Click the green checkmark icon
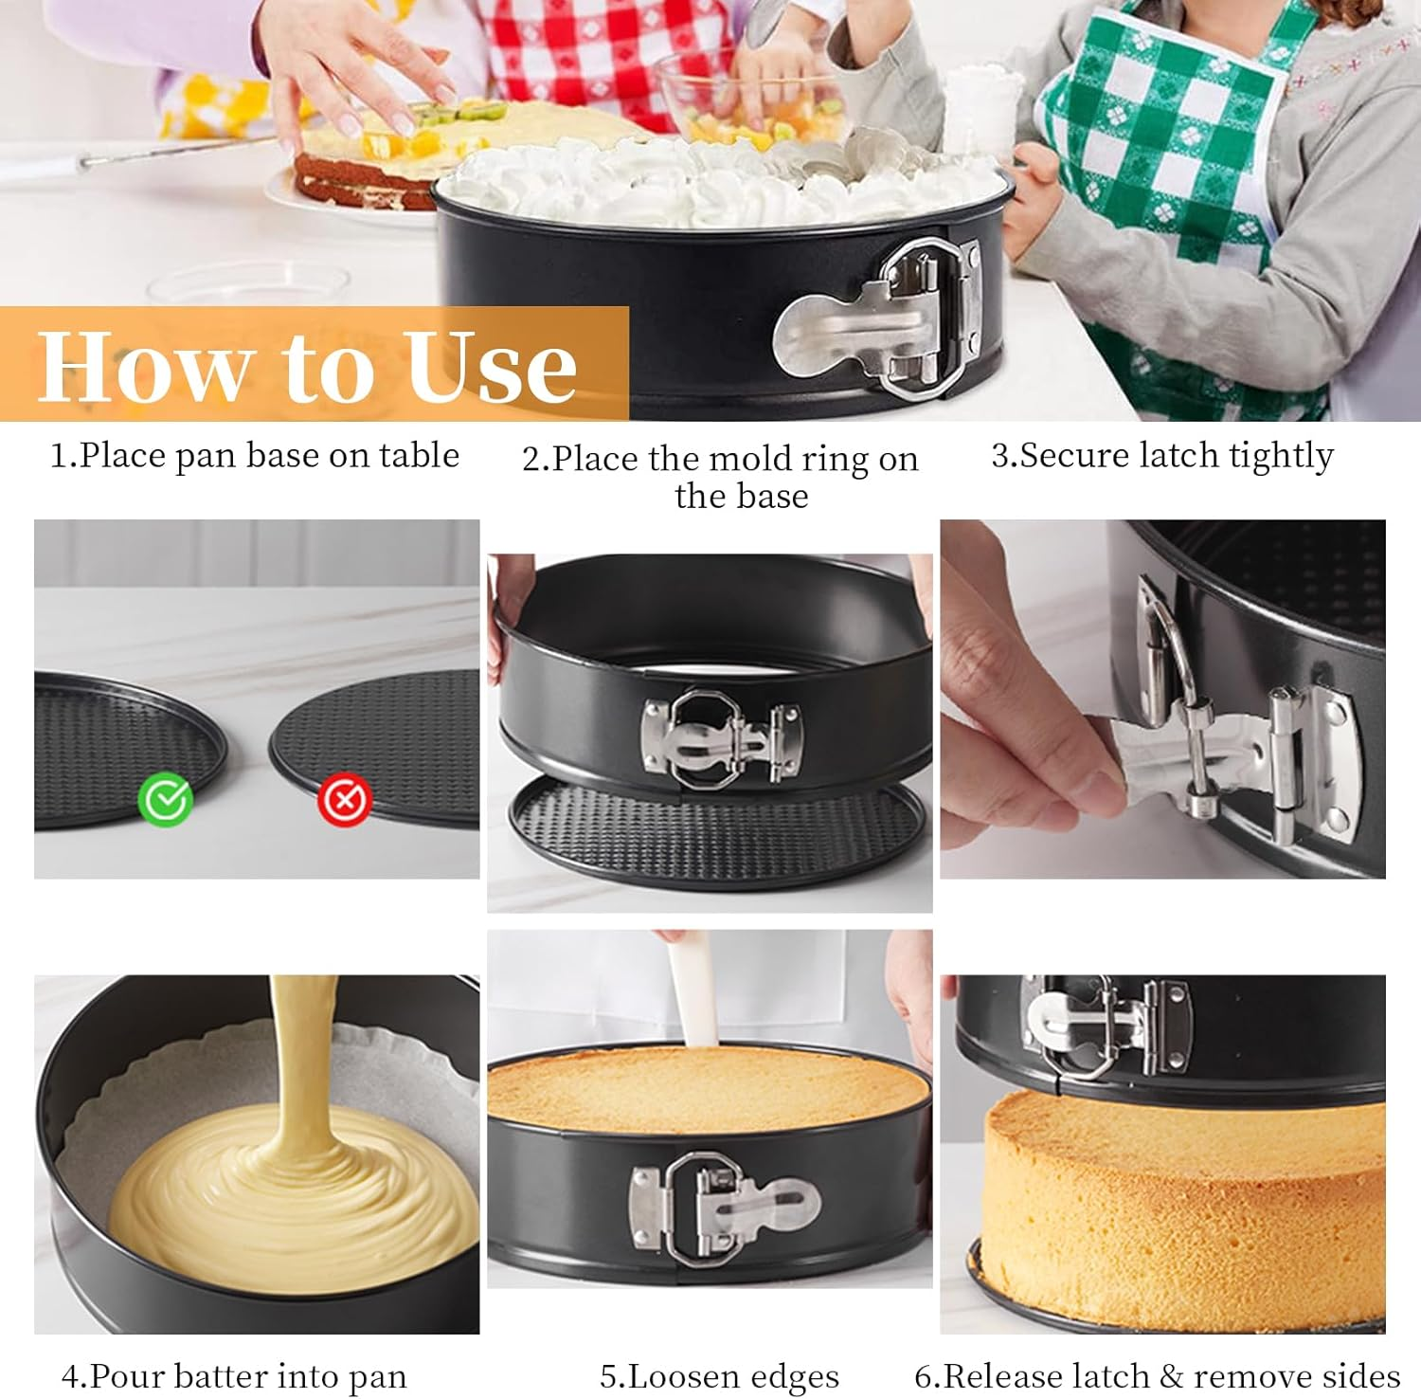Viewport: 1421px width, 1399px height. (166, 800)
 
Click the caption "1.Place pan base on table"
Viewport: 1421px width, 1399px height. (254, 456)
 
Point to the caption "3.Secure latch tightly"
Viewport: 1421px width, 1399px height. (1161, 456)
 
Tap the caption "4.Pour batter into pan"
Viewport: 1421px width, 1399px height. (233, 1376)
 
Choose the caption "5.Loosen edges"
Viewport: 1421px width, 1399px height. (719, 1376)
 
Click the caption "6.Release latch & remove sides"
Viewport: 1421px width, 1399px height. (1157, 1376)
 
